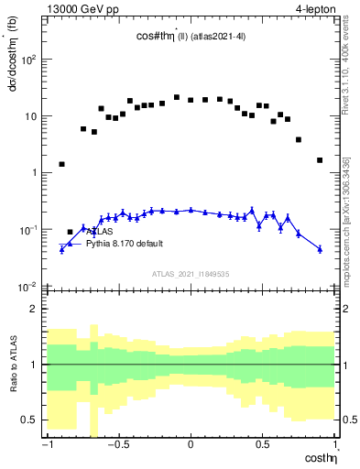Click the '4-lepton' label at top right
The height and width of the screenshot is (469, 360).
pyautogui.click(x=314, y=7)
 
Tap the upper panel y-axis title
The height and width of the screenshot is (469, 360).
pyautogui.click(x=12, y=64)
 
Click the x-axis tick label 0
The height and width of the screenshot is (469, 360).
pyautogui.click(x=190, y=444)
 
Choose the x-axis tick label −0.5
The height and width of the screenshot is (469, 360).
pyautogui.click(x=116, y=444)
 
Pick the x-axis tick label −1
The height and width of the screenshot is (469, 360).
pyautogui.click(x=45, y=444)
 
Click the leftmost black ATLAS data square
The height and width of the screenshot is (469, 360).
pyautogui.click(x=61, y=164)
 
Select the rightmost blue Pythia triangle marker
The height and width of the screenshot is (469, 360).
pyautogui.click(x=320, y=248)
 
